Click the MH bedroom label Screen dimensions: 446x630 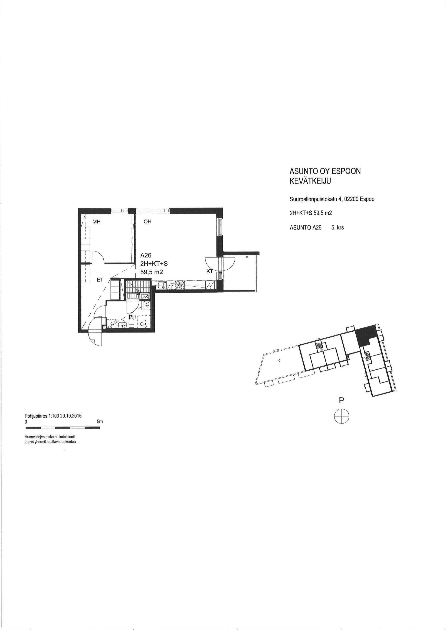[96, 222]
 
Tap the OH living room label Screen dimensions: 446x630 [148, 222]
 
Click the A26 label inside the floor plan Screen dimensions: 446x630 [146, 255]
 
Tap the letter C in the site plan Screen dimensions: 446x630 [279, 361]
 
